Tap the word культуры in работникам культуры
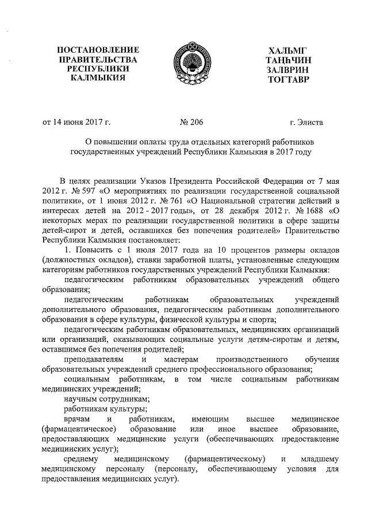128,410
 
